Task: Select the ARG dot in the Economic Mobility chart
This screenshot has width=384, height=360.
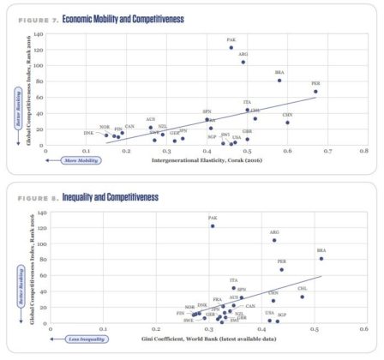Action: point(243,62)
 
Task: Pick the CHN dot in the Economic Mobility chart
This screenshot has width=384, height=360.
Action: point(287,123)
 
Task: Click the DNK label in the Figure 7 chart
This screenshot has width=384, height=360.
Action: point(88,133)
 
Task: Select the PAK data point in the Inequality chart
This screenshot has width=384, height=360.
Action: point(213,226)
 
